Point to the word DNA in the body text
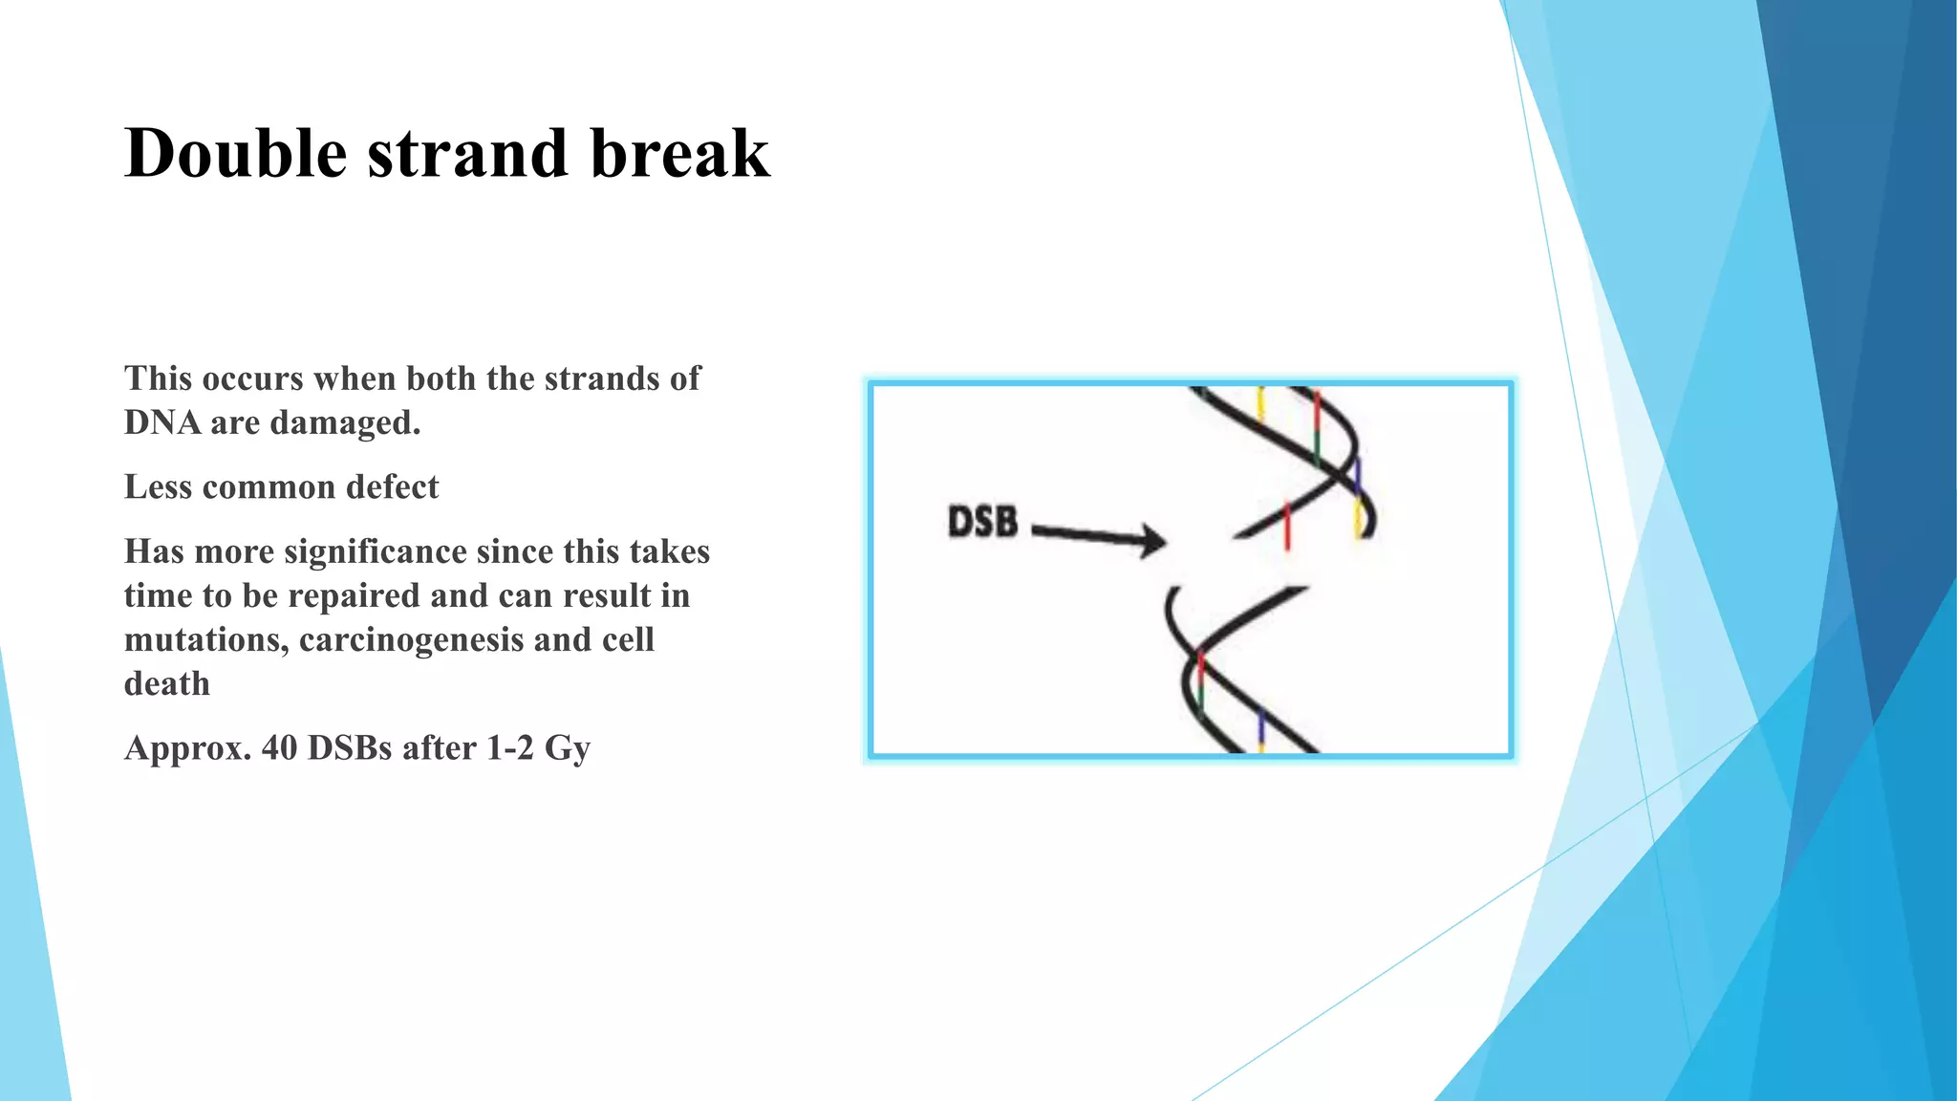coord(161,422)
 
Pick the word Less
coord(158,487)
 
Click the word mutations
coord(206,640)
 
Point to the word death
coord(167,684)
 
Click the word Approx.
coord(187,748)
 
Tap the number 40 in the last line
coord(280,748)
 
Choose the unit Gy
coord(567,748)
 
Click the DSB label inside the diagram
coord(982,523)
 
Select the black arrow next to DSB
coord(1099,536)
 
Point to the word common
coord(269,487)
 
